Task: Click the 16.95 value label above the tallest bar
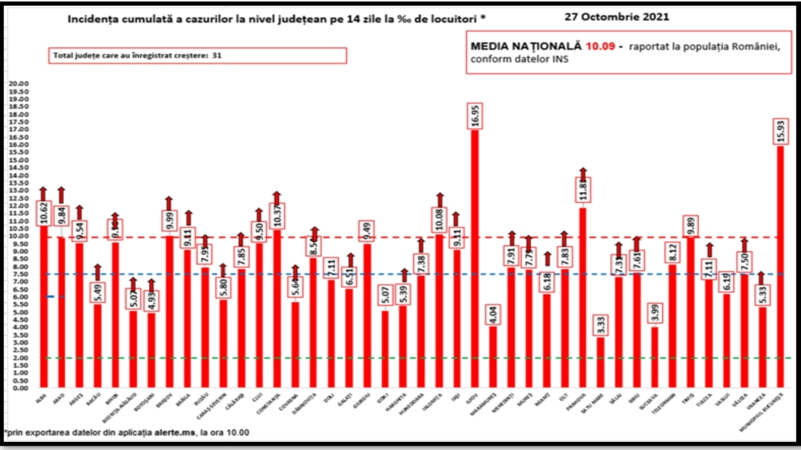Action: pos(475,116)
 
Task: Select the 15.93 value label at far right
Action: pos(780,131)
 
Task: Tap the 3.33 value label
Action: pos(601,325)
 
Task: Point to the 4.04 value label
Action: pos(493,315)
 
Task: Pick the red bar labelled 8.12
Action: pos(672,325)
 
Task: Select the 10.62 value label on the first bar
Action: pos(44,213)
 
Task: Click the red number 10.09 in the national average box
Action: pos(600,46)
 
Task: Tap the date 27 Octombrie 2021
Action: pos(617,16)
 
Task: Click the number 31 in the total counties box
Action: pos(217,55)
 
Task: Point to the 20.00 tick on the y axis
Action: pos(19,83)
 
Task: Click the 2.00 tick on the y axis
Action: pos(21,358)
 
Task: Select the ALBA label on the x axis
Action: pos(41,398)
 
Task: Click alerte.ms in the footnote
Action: pos(175,432)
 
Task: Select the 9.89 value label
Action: pos(691,226)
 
